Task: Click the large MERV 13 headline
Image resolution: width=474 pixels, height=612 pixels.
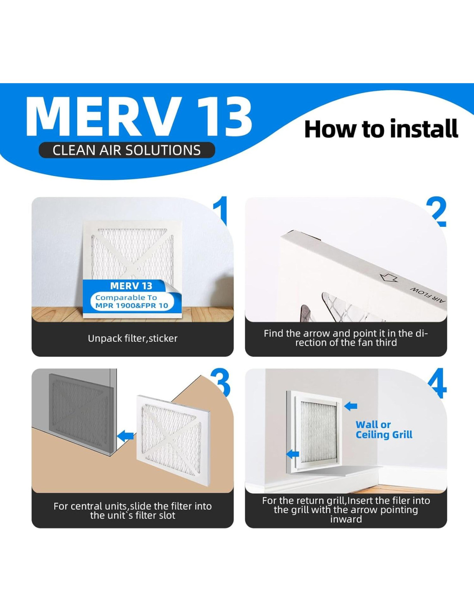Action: [x=139, y=116]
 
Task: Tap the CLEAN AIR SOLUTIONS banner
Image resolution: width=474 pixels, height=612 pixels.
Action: [x=127, y=150]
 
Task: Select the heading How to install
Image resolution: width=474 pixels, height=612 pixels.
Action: [x=381, y=129]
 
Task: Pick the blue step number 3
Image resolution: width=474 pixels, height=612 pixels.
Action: [x=220, y=382]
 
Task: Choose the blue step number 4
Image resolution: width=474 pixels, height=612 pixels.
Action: [x=437, y=382]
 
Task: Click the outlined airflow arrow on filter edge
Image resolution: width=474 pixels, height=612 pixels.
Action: [x=389, y=278]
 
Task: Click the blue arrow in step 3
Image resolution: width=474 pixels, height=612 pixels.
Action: [x=125, y=436]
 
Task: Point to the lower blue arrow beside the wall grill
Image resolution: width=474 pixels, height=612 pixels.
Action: [x=293, y=454]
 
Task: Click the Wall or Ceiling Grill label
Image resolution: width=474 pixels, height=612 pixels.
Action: [x=384, y=430]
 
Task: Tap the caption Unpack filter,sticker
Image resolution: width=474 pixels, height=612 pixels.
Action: [x=133, y=338]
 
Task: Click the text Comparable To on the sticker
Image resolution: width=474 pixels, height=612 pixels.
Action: [x=126, y=298]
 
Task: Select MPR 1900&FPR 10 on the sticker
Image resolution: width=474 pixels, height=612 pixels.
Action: [x=132, y=306]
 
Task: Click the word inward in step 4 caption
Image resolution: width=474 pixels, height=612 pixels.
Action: [x=346, y=519]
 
